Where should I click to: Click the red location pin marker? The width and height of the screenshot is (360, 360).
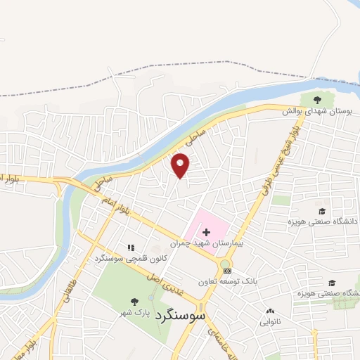coord(181,165)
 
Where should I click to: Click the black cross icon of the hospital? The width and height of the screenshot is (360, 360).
coord(206,231)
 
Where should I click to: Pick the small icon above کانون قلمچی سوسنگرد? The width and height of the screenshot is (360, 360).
coord(130,247)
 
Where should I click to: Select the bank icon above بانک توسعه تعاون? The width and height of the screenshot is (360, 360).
coord(225,270)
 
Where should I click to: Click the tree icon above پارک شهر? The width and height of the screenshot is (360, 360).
coord(134,300)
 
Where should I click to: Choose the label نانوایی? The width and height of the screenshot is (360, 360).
coord(271,323)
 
